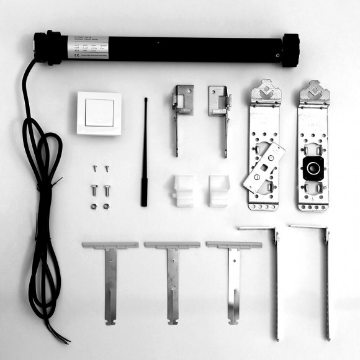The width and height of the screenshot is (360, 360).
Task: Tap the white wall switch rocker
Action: pyautogui.click(x=99, y=113)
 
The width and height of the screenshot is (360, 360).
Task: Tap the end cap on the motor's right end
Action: pyautogui.click(x=291, y=50)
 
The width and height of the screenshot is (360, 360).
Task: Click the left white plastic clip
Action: pyautogui.click(x=182, y=191)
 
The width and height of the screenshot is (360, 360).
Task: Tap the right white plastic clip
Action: pyautogui.click(x=219, y=191)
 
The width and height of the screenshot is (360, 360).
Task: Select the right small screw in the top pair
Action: pyautogui.click(x=106, y=168)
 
